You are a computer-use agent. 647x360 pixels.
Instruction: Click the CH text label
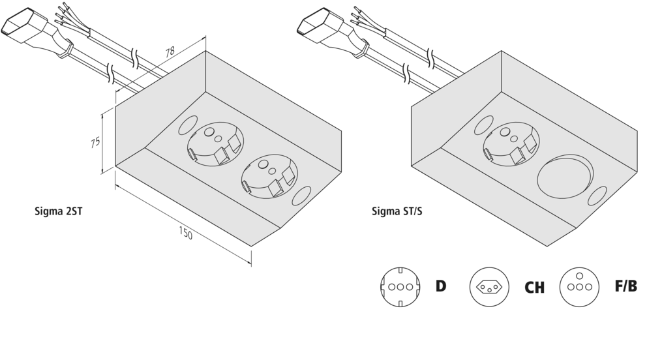pyautogui.click(x=534, y=288)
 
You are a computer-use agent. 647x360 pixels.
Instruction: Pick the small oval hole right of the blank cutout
pyautogui.click(x=597, y=196)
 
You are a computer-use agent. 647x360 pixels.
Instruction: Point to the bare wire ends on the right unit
pyautogui.click(x=361, y=12)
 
